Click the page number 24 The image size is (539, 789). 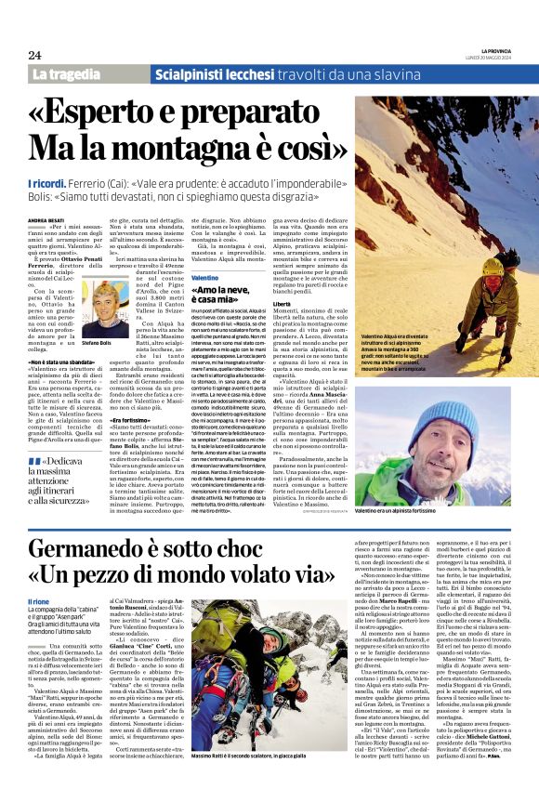click(x=34, y=56)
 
